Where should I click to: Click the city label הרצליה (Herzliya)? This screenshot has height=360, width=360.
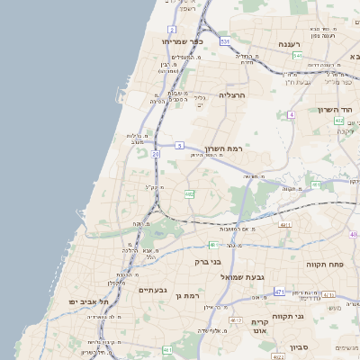pos(232,94)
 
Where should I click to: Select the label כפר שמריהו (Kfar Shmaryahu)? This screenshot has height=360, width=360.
pos(184,41)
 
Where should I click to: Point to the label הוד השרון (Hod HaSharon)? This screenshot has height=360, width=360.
pos(333,110)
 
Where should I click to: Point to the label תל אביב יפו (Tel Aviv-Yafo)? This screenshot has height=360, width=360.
pos(89,301)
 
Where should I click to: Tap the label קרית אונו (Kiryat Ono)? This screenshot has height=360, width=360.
pos(261,327)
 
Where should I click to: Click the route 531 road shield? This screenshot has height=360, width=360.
pos(224,42)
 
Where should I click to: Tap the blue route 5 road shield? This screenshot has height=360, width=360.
pos(180,145)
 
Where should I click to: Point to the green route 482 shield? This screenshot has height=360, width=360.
pos(189,193)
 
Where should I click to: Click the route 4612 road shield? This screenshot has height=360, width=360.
pos(234,320)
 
